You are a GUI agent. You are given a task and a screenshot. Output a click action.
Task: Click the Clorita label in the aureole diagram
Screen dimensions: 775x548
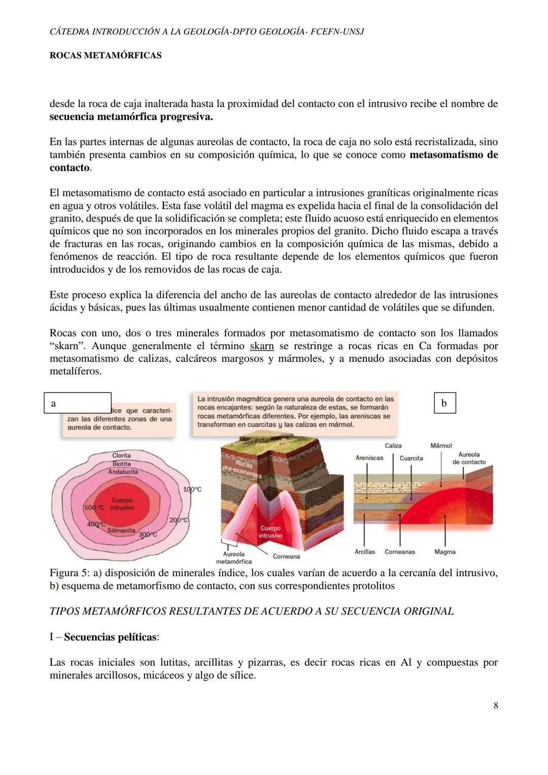(121, 455)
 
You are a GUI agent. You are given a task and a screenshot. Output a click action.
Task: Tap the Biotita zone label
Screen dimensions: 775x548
(121, 463)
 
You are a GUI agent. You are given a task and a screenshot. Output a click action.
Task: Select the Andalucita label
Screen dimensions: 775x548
(122, 471)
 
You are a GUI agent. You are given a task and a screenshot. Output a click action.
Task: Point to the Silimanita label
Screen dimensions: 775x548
(121, 530)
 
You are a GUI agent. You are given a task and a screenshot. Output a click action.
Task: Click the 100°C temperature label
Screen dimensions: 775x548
(192, 489)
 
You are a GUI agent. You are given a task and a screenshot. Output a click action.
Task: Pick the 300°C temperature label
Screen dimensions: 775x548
(148, 534)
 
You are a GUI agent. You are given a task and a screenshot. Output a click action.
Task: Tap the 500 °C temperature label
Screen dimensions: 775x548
(94, 508)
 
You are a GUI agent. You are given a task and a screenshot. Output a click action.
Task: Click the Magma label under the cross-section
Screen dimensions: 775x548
(444, 552)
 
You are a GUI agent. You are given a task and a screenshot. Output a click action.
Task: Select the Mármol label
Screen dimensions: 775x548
(441, 446)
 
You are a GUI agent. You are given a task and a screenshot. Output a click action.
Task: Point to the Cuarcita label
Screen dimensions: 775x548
(411, 458)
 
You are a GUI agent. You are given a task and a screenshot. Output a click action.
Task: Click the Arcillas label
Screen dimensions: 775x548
(365, 552)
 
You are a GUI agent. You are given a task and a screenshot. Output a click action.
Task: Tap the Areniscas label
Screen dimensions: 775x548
(369, 458)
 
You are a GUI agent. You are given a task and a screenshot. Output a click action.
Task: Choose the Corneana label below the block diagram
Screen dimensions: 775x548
(286, 556)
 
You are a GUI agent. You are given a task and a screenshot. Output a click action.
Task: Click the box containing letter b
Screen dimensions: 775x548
(445, 403)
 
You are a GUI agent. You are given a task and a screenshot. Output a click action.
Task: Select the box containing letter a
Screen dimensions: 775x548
(77, 403)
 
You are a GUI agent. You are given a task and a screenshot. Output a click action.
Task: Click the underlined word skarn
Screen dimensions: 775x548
(262, 346)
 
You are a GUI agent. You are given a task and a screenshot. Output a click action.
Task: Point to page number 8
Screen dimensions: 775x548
(495, 705)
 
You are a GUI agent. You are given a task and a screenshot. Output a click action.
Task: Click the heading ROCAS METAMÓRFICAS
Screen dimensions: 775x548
(106, 55)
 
